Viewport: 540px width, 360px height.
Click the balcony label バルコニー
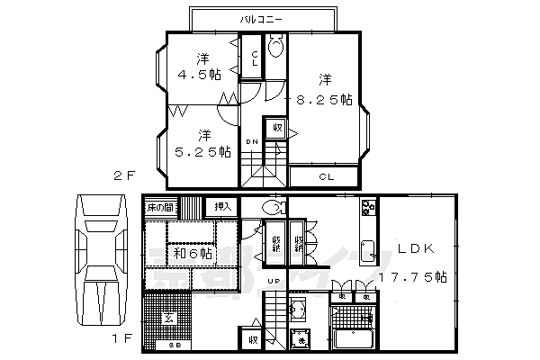point(263,18)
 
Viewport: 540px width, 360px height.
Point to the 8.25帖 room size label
point(322,100)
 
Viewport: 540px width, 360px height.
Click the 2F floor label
point(124,175)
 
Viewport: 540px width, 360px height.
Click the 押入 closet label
point(219,207)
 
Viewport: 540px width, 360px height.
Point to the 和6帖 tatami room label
point(192,254)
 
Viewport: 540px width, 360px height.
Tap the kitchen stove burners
point(367,210)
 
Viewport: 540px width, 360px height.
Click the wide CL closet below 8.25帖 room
point(328,176)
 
